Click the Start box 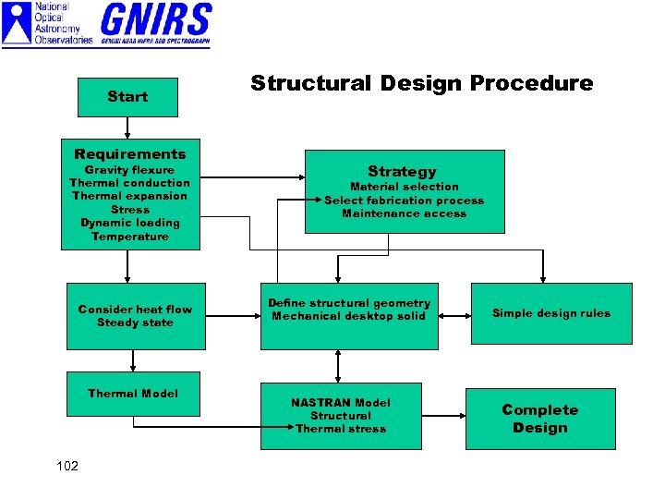127,97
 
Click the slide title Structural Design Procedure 422,83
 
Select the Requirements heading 130,154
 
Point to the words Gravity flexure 129,170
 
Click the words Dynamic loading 130,223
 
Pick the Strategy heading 402,171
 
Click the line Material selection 404,187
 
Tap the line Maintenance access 404,213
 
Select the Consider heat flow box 136,316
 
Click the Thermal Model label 133,394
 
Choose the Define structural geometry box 349,316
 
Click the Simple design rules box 551,313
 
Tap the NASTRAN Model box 341,416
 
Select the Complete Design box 540,419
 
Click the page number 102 66,466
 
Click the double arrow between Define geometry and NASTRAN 339,366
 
